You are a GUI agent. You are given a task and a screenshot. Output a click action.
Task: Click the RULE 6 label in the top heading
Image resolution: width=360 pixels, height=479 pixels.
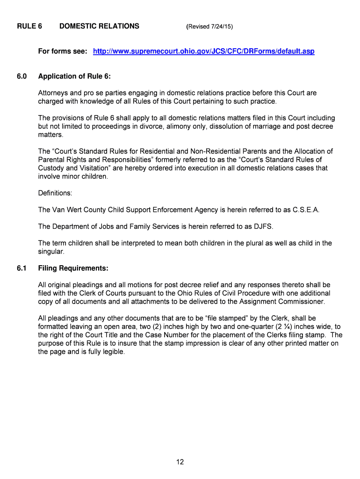[29, 26]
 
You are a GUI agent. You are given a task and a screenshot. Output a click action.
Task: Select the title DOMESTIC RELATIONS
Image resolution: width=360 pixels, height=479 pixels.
[99, 26]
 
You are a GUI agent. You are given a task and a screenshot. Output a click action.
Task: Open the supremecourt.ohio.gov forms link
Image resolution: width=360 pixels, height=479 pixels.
[203, 51]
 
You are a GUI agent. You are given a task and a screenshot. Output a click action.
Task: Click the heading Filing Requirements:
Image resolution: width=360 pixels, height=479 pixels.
[73, 269]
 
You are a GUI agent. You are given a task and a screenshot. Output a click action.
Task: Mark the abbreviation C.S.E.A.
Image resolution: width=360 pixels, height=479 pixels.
[306, 210]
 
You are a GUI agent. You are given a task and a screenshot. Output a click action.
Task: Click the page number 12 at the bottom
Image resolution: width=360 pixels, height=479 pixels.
[180, 462]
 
